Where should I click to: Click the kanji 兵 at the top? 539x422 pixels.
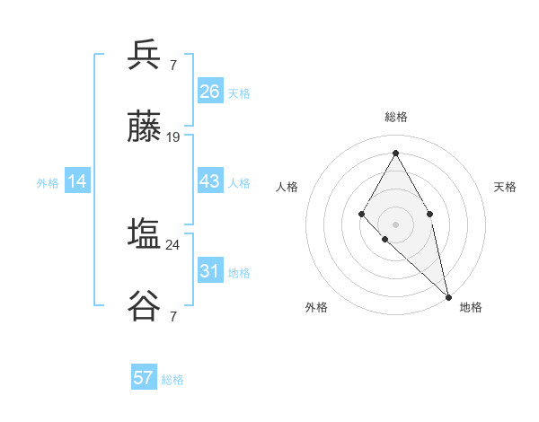[144, 55]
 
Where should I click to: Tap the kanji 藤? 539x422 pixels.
[144, 127]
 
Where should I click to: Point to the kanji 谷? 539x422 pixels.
[144, 307]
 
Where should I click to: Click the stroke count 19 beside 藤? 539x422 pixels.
[173, 137]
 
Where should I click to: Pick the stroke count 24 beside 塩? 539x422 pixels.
[173, 244]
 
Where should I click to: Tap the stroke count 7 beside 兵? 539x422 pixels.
[173, 65]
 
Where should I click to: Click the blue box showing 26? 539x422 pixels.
[209, 92]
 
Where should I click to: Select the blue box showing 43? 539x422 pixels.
[209, 181]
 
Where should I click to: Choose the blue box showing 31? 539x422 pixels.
[209, 271]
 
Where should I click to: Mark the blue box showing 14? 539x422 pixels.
[77, 181]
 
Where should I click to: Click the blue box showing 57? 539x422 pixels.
[143, 378]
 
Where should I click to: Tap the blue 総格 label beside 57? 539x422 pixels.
[172, 380]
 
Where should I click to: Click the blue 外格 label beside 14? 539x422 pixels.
[48, 183]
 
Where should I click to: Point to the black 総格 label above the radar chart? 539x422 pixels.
[396, 117]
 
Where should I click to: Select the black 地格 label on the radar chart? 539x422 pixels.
[471, 307]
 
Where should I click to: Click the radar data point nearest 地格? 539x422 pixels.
[448, 296]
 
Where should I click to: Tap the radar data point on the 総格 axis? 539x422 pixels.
[395, 152]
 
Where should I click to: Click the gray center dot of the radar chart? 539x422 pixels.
[395, 224]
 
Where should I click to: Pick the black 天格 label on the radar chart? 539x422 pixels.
[505, 187]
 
